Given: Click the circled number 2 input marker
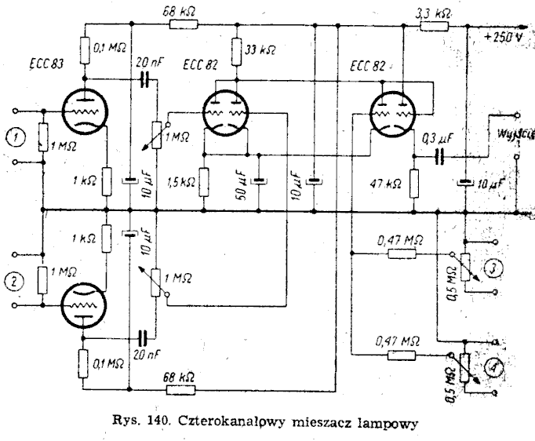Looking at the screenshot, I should (x=13, y=281).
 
